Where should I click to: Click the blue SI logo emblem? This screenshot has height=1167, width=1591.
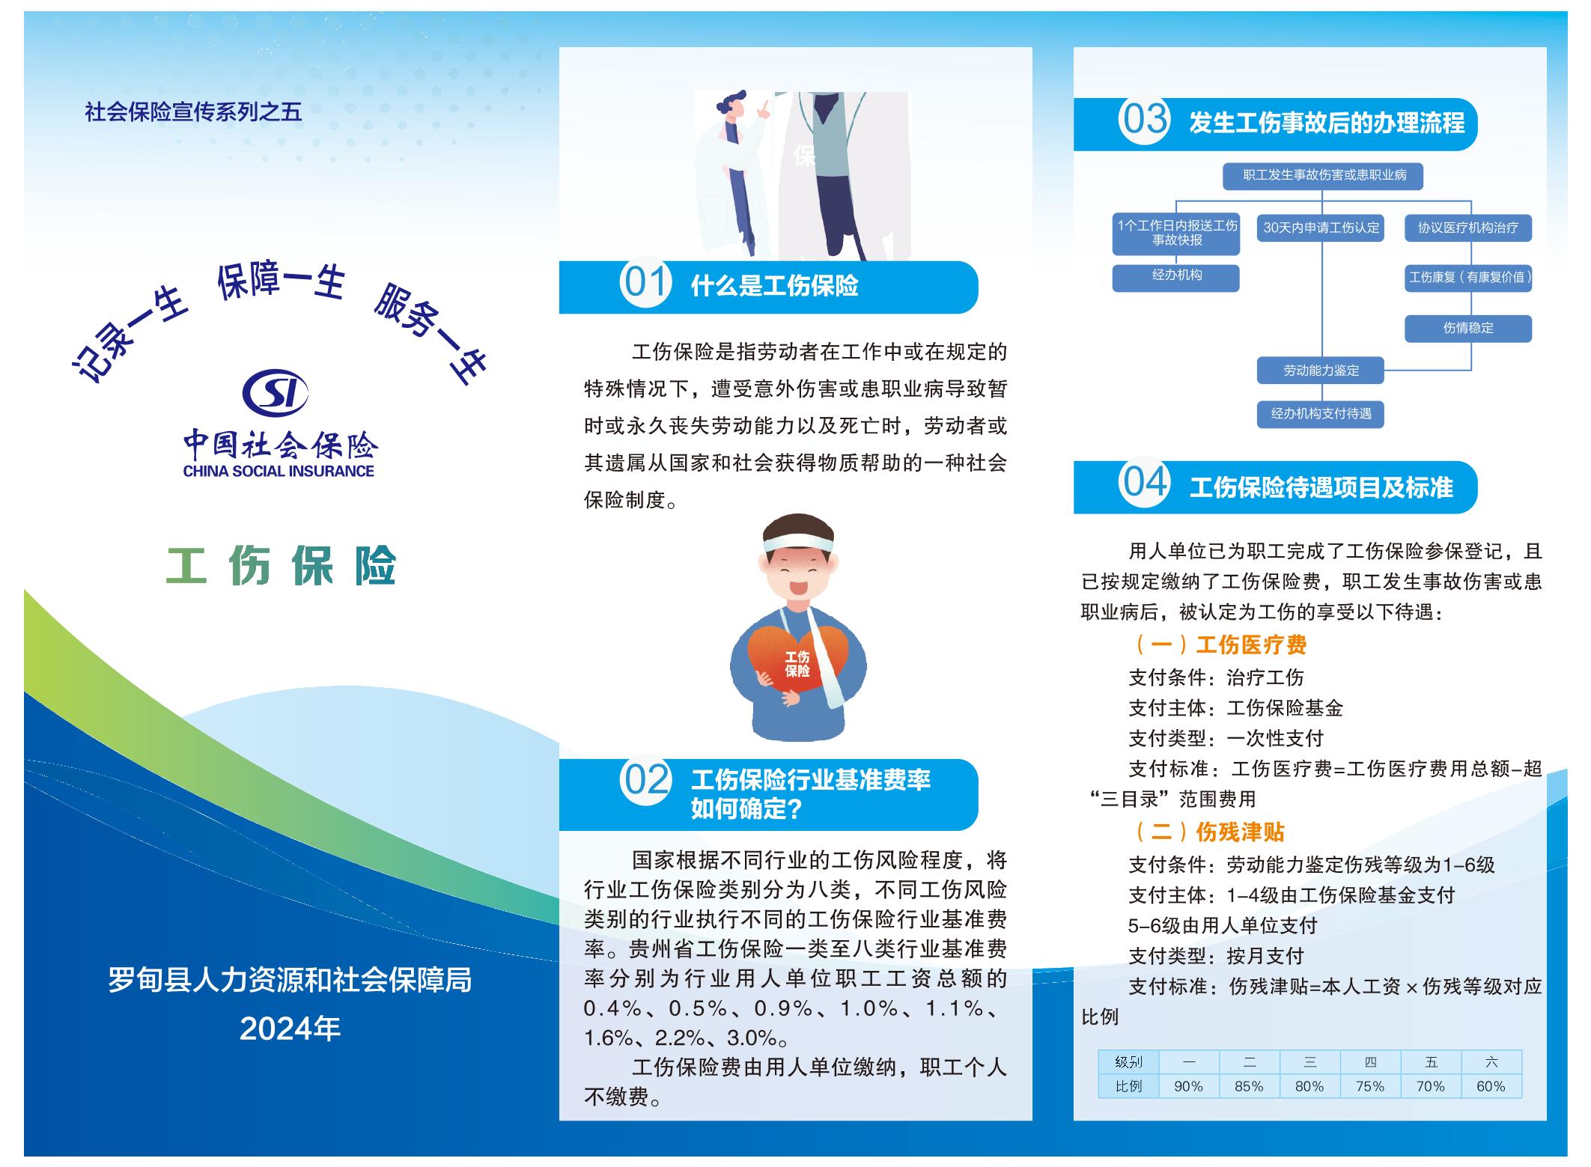[276, 392]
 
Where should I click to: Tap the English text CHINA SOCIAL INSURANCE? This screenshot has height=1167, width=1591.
[279, 472]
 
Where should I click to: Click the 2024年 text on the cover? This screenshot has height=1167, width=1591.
[290, 1029]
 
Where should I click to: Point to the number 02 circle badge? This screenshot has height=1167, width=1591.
[645, 780]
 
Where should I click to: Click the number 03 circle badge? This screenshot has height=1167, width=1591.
[1144, 119]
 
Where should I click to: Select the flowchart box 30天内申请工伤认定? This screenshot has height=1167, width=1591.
[1321, 228]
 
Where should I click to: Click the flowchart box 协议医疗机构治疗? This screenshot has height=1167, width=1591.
[1467, 228]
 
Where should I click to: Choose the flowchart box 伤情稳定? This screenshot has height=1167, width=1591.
[1467, 329]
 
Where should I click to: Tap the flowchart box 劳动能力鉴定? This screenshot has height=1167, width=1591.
[1321, 371]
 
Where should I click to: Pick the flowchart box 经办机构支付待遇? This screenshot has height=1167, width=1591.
[1321, 414]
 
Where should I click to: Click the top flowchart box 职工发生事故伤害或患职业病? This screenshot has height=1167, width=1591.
[1323, 176]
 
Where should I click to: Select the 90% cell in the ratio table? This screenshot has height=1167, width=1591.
[1189, 1086]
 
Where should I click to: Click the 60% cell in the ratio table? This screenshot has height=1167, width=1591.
[1491, 1086]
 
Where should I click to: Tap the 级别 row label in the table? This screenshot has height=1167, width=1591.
[1128, 1062]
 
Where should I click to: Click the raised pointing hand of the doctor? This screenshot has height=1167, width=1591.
[763, 109]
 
